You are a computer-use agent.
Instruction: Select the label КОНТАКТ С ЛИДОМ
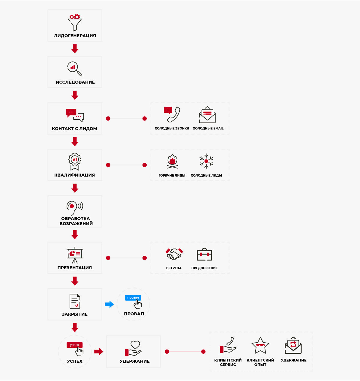click(x=74, y=129)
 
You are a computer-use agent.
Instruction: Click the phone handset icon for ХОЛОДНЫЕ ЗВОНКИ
click(x=174, y=115)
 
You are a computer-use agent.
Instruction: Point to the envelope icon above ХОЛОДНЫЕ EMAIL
click(x=207, y=115)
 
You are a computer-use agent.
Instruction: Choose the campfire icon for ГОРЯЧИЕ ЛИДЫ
click(x=172, y=161)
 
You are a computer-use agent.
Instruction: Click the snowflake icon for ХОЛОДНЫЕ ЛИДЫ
click(x=206, y=161)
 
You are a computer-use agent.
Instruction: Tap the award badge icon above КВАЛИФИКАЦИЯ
click(x=75, y=162)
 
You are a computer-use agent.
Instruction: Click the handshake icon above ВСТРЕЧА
click(x=174, y=254)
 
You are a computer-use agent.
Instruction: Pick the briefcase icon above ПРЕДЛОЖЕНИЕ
click(x=204, y=254)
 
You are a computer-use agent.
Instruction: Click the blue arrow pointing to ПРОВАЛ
click(x=109, y=304)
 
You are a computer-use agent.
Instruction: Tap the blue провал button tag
click(x=133, y=298)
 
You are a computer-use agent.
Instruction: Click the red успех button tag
click(x=74, y=345)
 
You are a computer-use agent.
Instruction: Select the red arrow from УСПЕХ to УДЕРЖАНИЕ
click(x=99, y=352)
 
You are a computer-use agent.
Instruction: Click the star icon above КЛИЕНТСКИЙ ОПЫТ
click(x=260, y=345)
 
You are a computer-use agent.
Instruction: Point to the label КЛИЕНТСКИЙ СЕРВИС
click(x=228, y=362)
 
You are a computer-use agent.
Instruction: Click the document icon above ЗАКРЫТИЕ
click(x=75, y=301)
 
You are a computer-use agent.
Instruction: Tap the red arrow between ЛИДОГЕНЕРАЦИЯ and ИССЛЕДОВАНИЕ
click(x=75, y=49)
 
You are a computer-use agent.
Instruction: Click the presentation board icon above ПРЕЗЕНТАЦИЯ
click(x=75, y=255)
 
